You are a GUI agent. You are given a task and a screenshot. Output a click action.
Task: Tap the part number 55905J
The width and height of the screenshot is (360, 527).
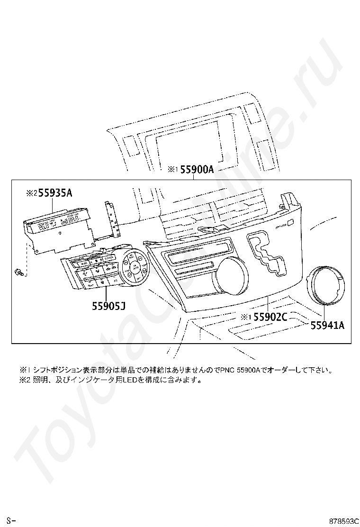pos(108,307)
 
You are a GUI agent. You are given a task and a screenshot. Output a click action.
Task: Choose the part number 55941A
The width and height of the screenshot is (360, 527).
pos(327,325)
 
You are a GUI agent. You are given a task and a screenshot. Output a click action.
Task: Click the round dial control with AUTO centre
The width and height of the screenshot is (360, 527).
pos(135,268)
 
